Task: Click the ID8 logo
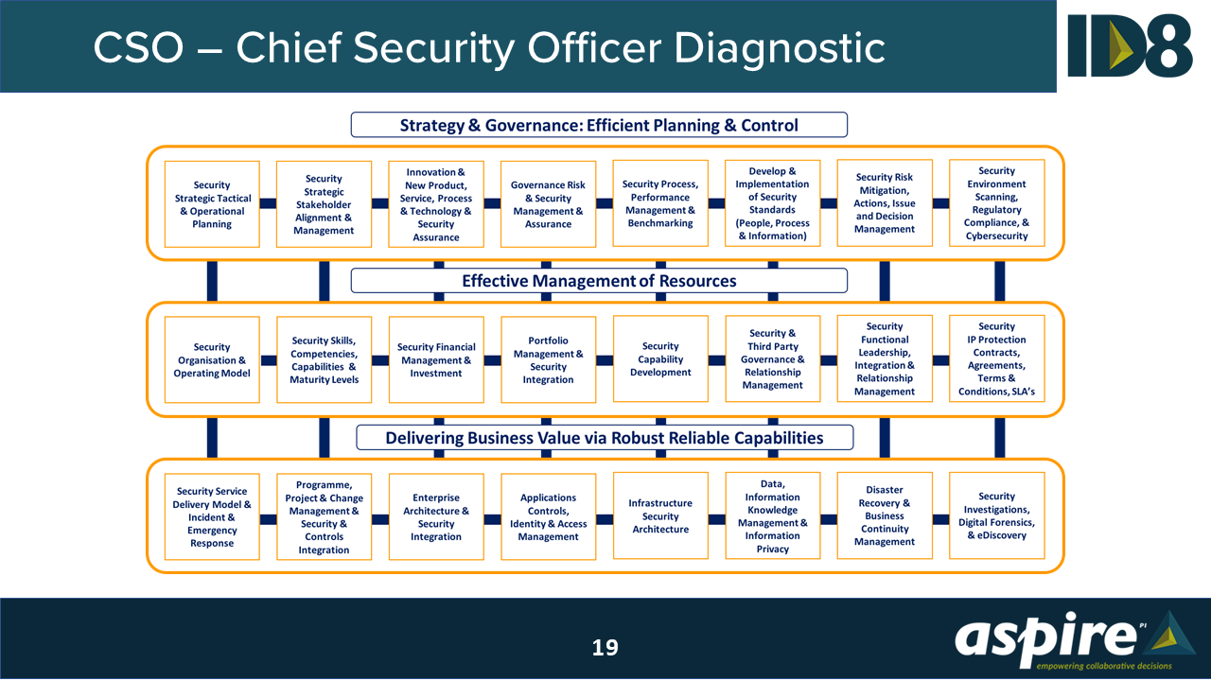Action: (1130, 45)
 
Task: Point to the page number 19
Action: (605, 648)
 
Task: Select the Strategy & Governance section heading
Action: (599, 125)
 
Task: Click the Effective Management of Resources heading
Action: (599, 281)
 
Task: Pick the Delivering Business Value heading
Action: (604, 438)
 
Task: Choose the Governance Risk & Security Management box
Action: (548, 204)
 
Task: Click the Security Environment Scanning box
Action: (996, 204)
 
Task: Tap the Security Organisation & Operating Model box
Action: (212, 360)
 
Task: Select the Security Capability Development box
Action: (660, 359)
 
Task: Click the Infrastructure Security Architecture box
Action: (660, 516)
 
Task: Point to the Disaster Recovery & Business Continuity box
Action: (885, 516)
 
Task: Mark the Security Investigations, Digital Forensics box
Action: (996, 516)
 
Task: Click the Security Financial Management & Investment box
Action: (436, 360)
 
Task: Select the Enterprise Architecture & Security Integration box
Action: (436, 517)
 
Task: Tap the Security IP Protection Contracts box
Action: (996, 359)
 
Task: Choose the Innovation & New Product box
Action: (436, 204)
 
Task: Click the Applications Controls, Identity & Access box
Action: (548, 517)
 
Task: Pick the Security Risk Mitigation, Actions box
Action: (885, 203)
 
